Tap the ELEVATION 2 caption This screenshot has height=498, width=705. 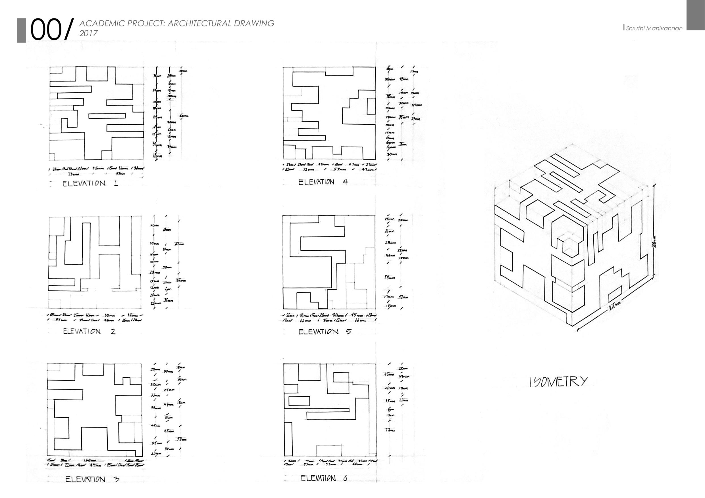[x=89, y=331]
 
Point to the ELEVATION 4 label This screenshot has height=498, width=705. [x=323, y=182]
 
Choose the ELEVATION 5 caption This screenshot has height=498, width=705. [x=325, y=332]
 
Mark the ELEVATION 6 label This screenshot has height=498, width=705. [x=324, y=478]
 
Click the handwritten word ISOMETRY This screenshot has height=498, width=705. [x=558, y=382]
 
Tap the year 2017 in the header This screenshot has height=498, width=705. [x=88, y=33]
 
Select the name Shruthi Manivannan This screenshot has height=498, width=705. [x=654, y=28]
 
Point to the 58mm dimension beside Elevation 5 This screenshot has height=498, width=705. [x=389, y=278]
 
